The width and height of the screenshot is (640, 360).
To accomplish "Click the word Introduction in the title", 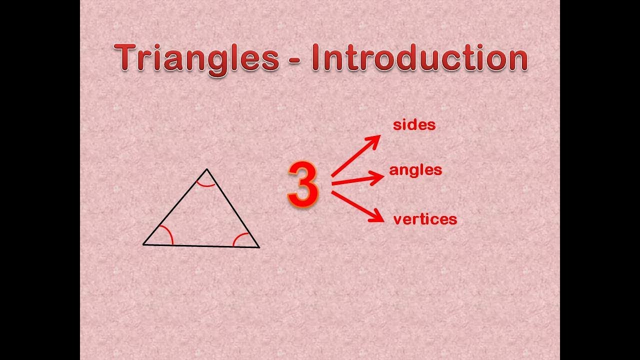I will pos(419,58).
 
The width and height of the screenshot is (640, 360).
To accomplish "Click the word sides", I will pos(414,125).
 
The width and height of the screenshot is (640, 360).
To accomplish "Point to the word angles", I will pos(415,170).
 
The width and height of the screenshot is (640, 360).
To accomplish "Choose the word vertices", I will pos(425,219).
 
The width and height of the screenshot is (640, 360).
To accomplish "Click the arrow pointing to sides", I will pos(356,155).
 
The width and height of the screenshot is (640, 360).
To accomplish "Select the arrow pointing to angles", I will pos(357,180).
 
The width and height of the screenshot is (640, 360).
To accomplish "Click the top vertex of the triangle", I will pos(207,169).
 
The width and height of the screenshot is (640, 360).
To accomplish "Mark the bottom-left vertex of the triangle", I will pos(143,244).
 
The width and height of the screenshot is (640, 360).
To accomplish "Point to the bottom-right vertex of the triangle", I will pos(259,247).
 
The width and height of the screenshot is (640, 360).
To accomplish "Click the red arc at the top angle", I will pos(205,184).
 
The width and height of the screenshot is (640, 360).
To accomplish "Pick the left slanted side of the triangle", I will pos(175,207).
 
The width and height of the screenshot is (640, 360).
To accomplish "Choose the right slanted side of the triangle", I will pos(233,208).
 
